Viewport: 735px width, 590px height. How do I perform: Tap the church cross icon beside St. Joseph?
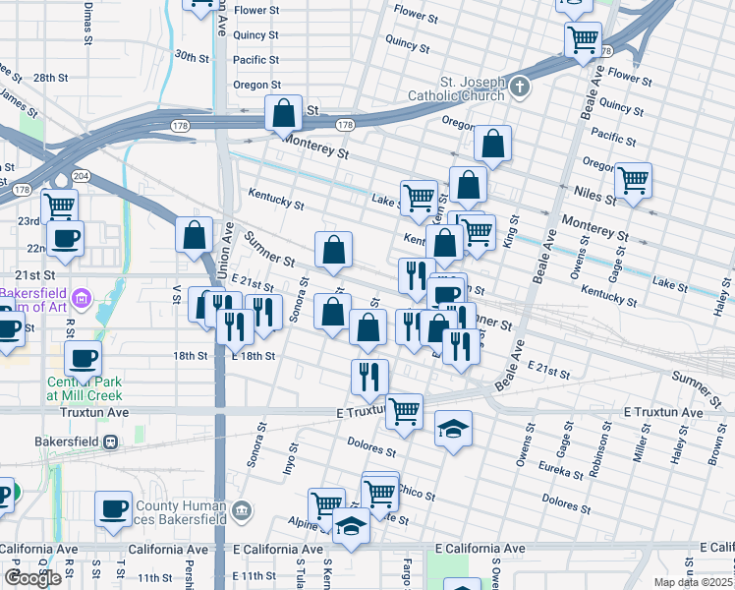[520, 87]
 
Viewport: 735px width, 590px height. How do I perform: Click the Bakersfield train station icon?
[112, 442]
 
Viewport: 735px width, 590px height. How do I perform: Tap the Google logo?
[32, 577]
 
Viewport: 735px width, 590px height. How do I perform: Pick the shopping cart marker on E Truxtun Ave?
[404, 411]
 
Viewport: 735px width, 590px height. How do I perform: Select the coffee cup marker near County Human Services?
[113, 508]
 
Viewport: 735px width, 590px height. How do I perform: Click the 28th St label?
[49, 77]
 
